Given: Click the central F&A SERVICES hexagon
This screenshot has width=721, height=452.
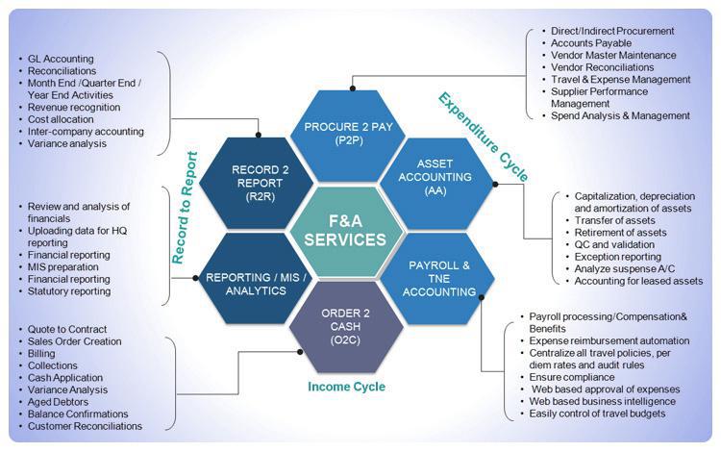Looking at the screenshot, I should point(347,232).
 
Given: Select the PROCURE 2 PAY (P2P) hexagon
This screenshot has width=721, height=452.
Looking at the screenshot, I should point(346,135).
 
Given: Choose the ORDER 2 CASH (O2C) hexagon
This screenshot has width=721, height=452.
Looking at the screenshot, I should point(346,326).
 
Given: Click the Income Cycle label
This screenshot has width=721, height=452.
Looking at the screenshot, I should point(347,387).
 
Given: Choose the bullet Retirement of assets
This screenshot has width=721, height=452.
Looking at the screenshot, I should point(620,233).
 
